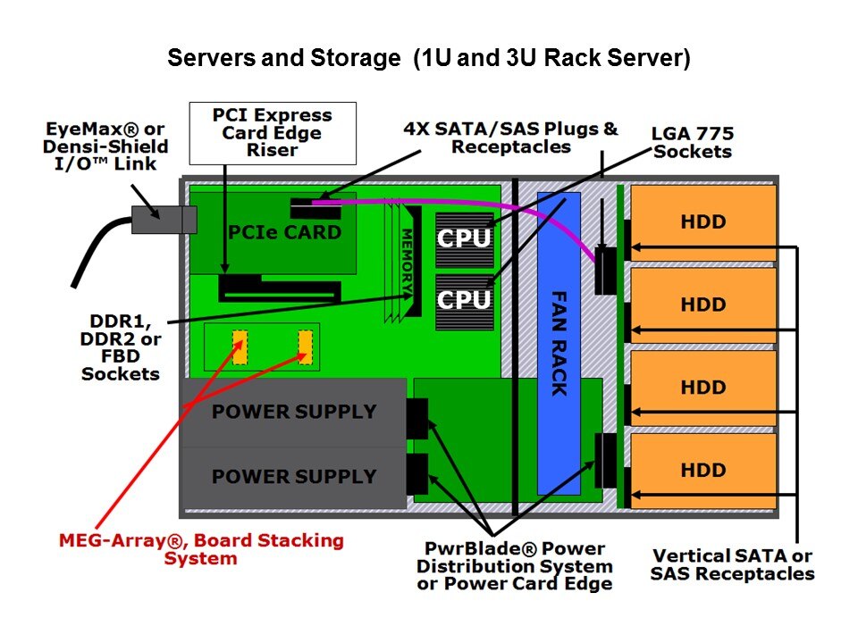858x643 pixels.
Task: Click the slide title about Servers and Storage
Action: tap(429, 59)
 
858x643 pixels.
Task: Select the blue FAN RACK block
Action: tap(559, 343)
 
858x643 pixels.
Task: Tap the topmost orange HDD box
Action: tap(702, 222)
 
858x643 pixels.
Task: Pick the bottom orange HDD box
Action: tap(702, 470)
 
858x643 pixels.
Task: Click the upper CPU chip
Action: tap(464, 239)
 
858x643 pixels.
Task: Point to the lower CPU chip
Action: tap(464, 301)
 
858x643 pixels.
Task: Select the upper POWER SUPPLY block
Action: tap(293, 412)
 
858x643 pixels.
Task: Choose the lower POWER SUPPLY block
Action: tap(293, 476)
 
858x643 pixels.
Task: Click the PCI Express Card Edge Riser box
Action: tap(272, 131)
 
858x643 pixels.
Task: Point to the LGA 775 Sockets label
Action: tap(692, 142)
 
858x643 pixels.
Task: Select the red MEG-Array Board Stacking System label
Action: tap(200, 549)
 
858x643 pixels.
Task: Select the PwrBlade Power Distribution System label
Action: tap(514, 565)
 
